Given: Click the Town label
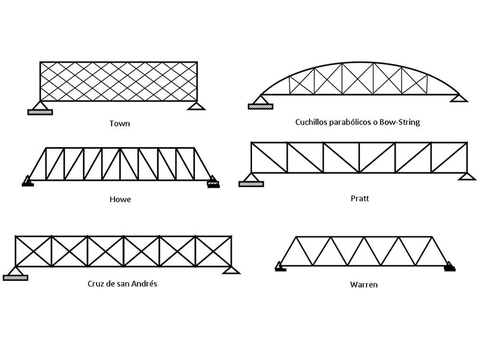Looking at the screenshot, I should tap(119, 124).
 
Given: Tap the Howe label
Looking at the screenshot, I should tap(120, 199).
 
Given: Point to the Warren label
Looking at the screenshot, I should tap(364, 284).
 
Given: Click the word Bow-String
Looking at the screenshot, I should tap(398, 122).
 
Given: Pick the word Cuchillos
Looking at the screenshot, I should tap(313, 122).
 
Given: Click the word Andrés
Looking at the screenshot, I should tap(143, 283).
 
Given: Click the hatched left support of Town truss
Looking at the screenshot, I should tap(40, 110).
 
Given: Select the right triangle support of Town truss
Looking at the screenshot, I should tap(195, 106).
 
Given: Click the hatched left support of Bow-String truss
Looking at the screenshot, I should tap(260, 106).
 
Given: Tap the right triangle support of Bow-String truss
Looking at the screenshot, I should tap(460, 98).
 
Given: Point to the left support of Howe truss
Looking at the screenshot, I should tap(27, 182).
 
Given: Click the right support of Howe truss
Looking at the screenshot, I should tap(212, 182).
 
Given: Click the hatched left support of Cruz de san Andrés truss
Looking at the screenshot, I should tap(16, 277).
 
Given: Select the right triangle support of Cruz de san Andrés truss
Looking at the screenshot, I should tap(228, 270).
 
